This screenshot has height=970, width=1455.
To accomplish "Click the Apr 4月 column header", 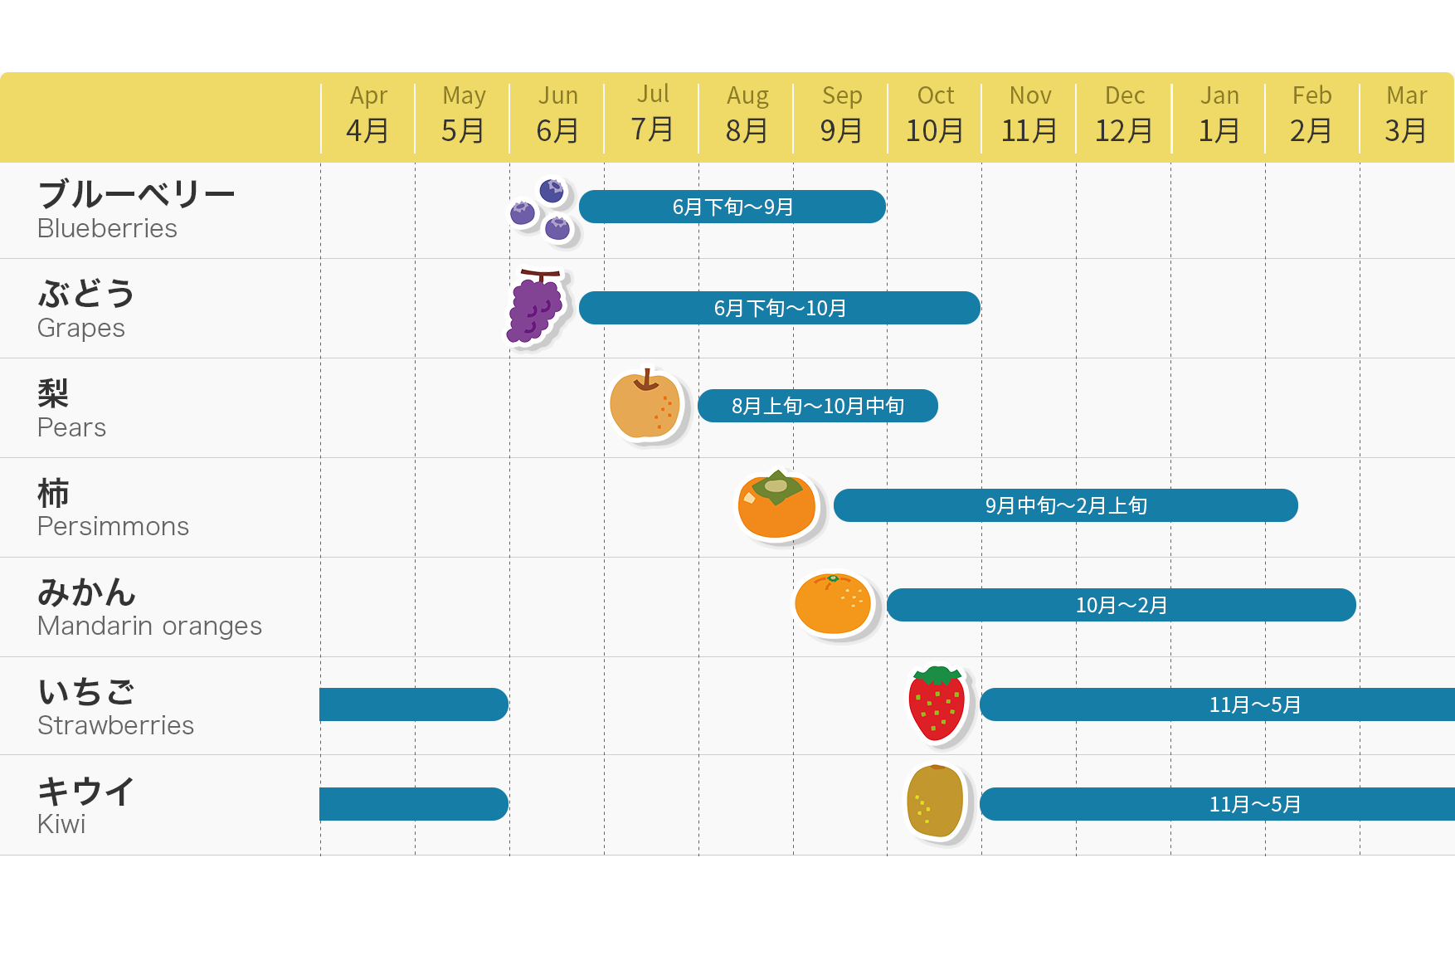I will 367,115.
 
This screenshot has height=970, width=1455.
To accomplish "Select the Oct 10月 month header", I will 935,115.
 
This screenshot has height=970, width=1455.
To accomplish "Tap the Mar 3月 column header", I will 1406,115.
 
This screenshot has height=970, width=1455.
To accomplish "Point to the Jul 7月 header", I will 652,113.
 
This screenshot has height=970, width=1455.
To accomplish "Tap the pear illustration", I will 645,405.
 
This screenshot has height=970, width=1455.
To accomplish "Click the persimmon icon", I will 777,505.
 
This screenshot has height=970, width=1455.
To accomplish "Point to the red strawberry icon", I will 937,704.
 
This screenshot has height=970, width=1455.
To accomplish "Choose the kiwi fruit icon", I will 936,802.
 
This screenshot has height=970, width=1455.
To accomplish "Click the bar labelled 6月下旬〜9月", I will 732,207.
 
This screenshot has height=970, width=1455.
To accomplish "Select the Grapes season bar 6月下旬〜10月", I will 780,308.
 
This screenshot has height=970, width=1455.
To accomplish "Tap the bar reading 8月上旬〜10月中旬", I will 818,406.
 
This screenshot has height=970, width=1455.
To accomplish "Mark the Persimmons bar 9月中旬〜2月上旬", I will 1066,505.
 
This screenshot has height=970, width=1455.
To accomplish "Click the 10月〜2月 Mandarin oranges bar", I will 1122,605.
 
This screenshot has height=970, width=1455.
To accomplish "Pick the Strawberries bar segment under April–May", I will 413,704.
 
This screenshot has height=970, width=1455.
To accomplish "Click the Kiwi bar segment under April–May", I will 413,804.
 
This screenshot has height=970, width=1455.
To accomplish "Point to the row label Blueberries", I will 107,228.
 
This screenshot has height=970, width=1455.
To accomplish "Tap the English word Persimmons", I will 113,526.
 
